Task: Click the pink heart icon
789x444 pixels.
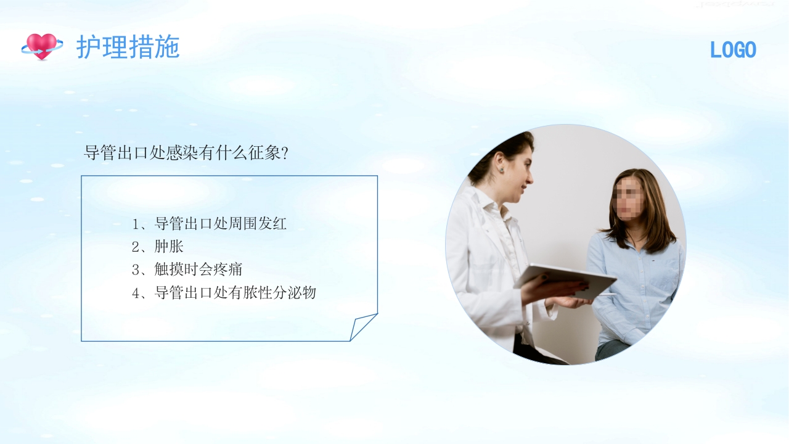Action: tap(42, 46)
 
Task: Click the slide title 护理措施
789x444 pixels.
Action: tap(128, 47)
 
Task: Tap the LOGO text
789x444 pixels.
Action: tap(733, 51)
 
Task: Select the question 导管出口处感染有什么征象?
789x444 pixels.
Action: tap(186, 153)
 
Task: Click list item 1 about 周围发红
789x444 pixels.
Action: tap(210, 224)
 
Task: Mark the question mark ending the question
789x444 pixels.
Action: tap(284, 153)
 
